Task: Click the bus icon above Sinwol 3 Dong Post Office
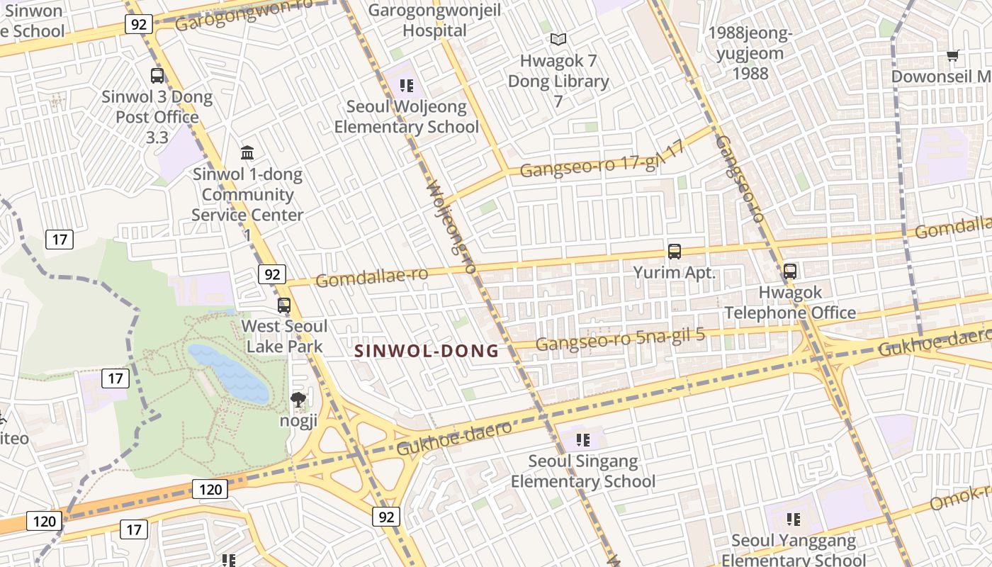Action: point(157,75)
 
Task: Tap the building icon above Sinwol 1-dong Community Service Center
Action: point(247,152)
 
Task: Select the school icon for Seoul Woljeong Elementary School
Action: point(406,86)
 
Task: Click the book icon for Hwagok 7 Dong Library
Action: point(558,40)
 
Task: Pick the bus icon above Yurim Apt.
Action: point(675,251)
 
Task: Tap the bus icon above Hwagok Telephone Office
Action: point(789,271)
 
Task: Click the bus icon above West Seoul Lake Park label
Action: point(284,305)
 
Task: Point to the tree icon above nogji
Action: point(298,400)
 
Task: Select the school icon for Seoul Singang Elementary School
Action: point(583,440)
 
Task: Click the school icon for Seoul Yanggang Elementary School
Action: point(793,520)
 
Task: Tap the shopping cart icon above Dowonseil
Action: point(953,55)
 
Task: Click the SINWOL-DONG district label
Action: point(427,351)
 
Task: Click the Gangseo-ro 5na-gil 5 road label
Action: point(620,339)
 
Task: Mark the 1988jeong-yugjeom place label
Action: point(749,53)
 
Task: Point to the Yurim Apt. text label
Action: point(675,272)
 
